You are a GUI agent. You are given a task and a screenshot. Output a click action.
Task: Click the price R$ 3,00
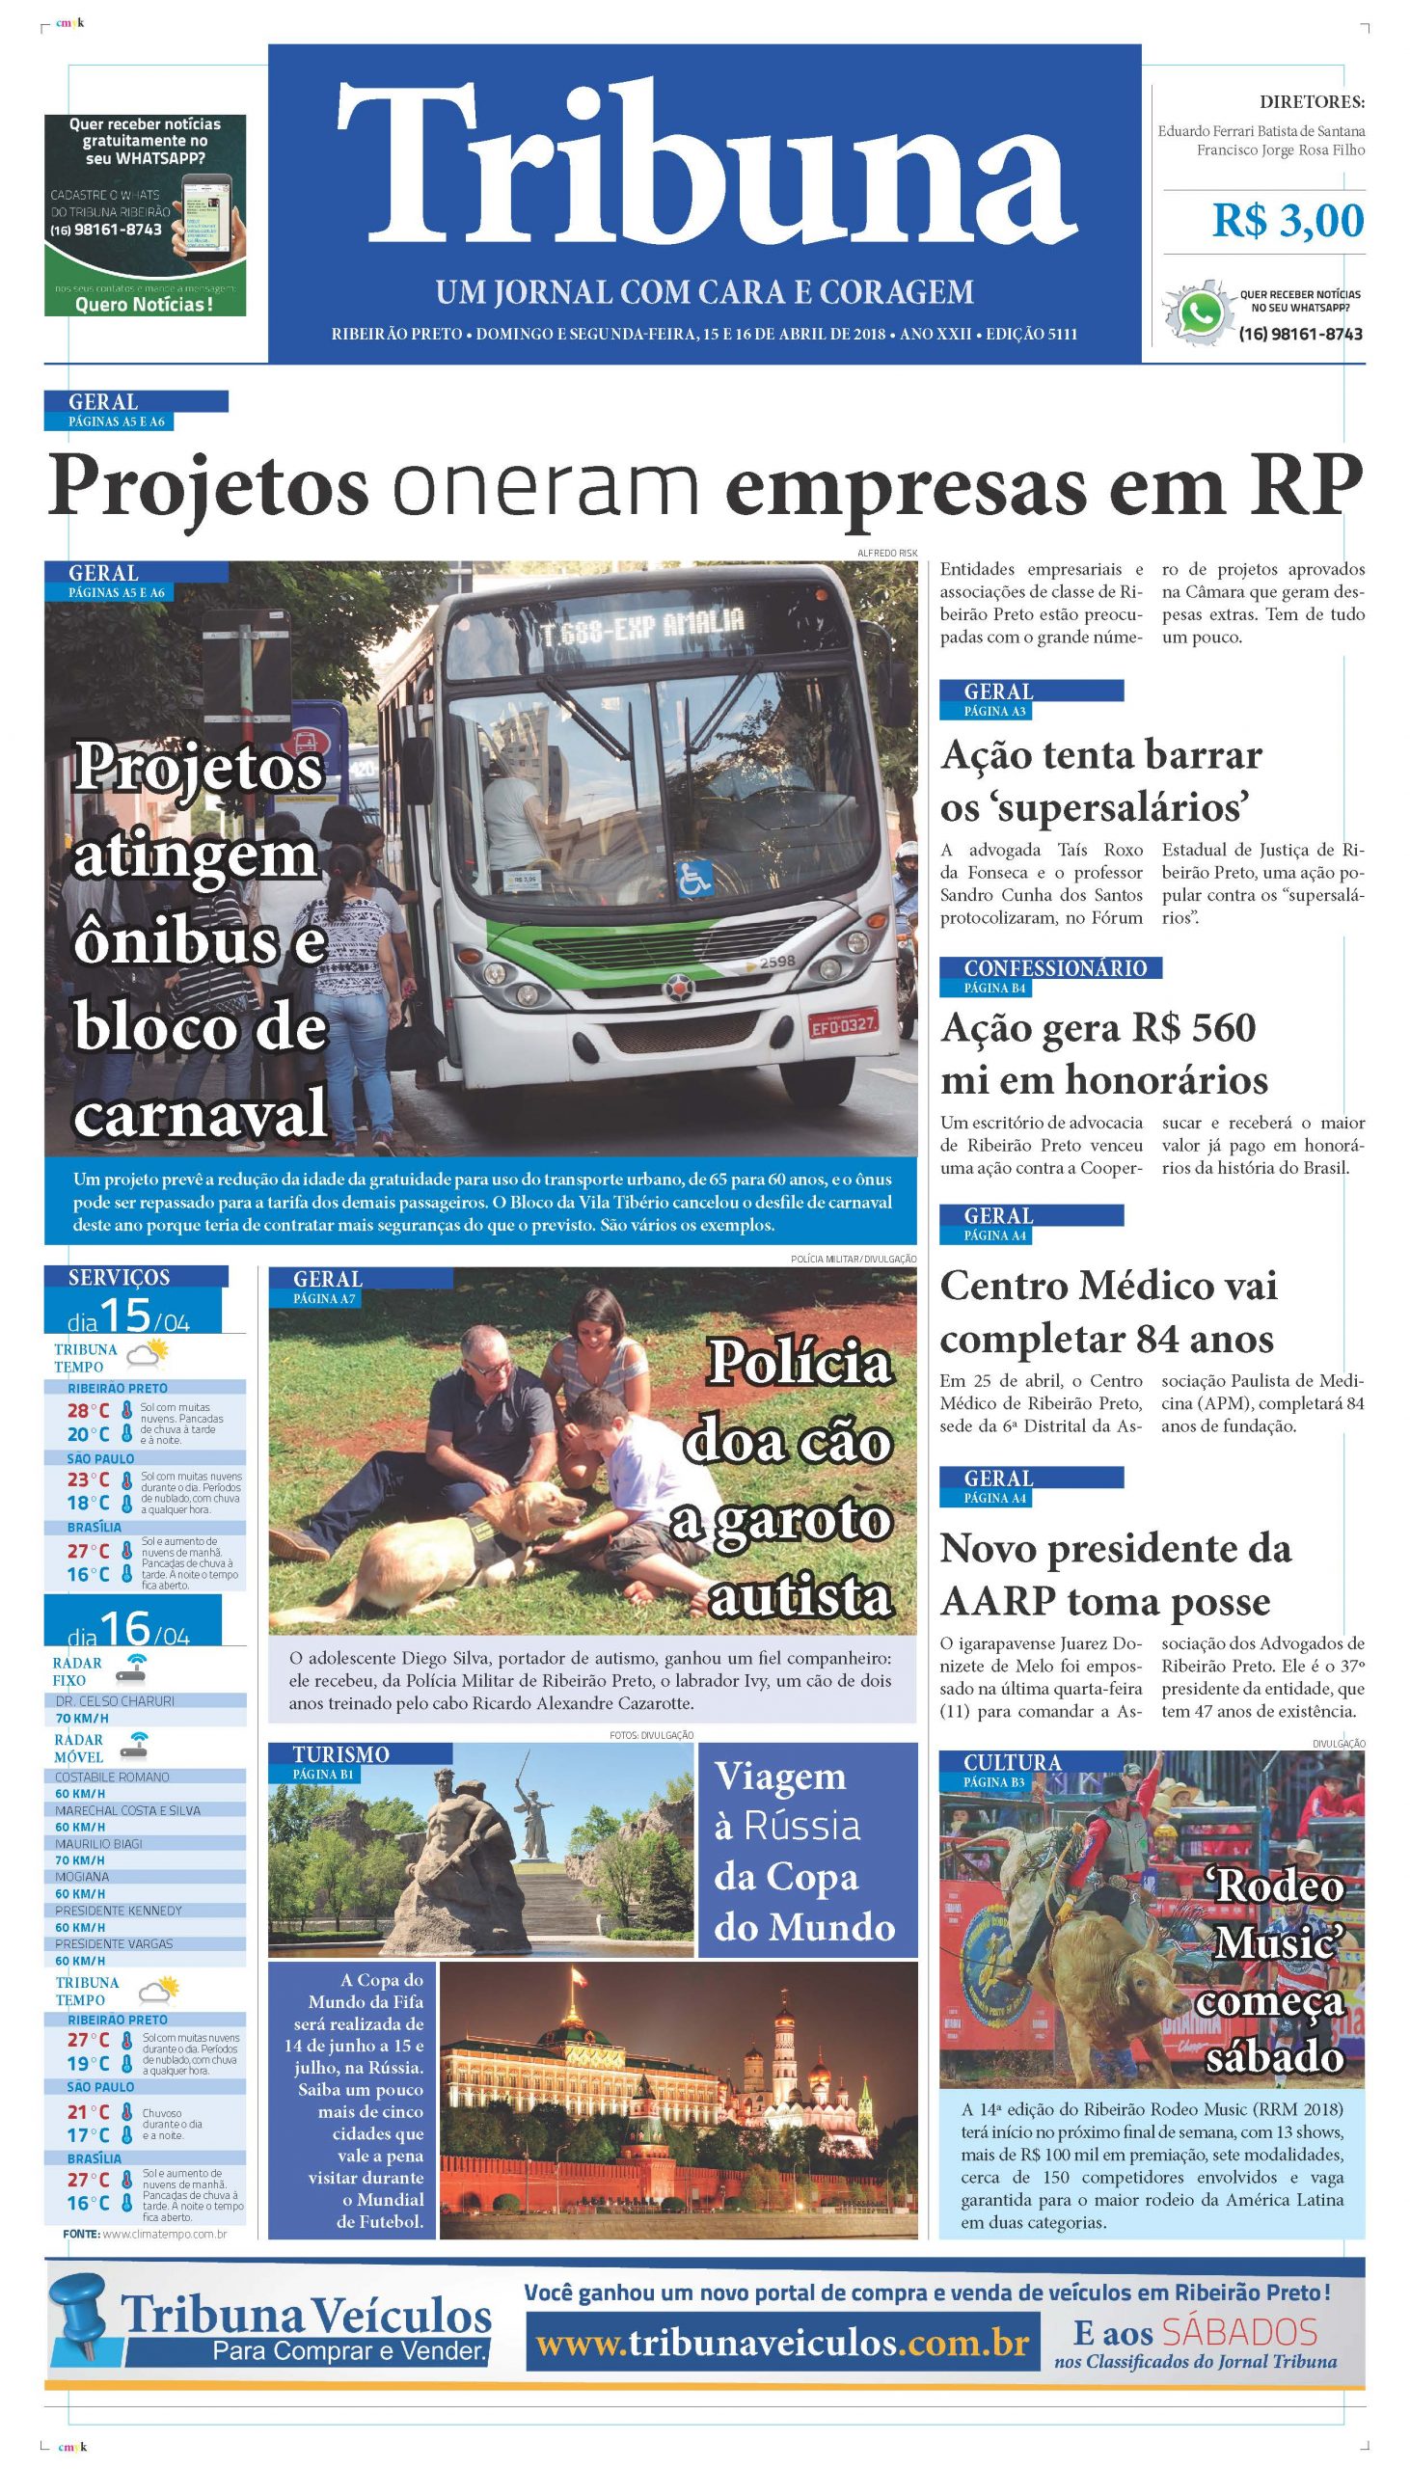[1287, 222]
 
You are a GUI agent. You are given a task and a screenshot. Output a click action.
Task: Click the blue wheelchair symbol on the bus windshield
[693, 880]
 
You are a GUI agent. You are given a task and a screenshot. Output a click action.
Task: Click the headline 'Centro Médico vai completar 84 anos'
[1109, 1312]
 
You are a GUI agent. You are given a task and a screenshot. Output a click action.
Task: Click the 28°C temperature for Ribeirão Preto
[88, 1411]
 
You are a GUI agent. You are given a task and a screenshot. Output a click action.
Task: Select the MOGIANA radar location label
[82, 1876]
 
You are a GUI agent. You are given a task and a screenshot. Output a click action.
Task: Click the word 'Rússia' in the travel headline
[800, 1825]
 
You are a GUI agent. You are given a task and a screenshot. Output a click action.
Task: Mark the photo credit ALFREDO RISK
[886, 553]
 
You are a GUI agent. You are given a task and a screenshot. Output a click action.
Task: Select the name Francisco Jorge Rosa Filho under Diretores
[1280, 150]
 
